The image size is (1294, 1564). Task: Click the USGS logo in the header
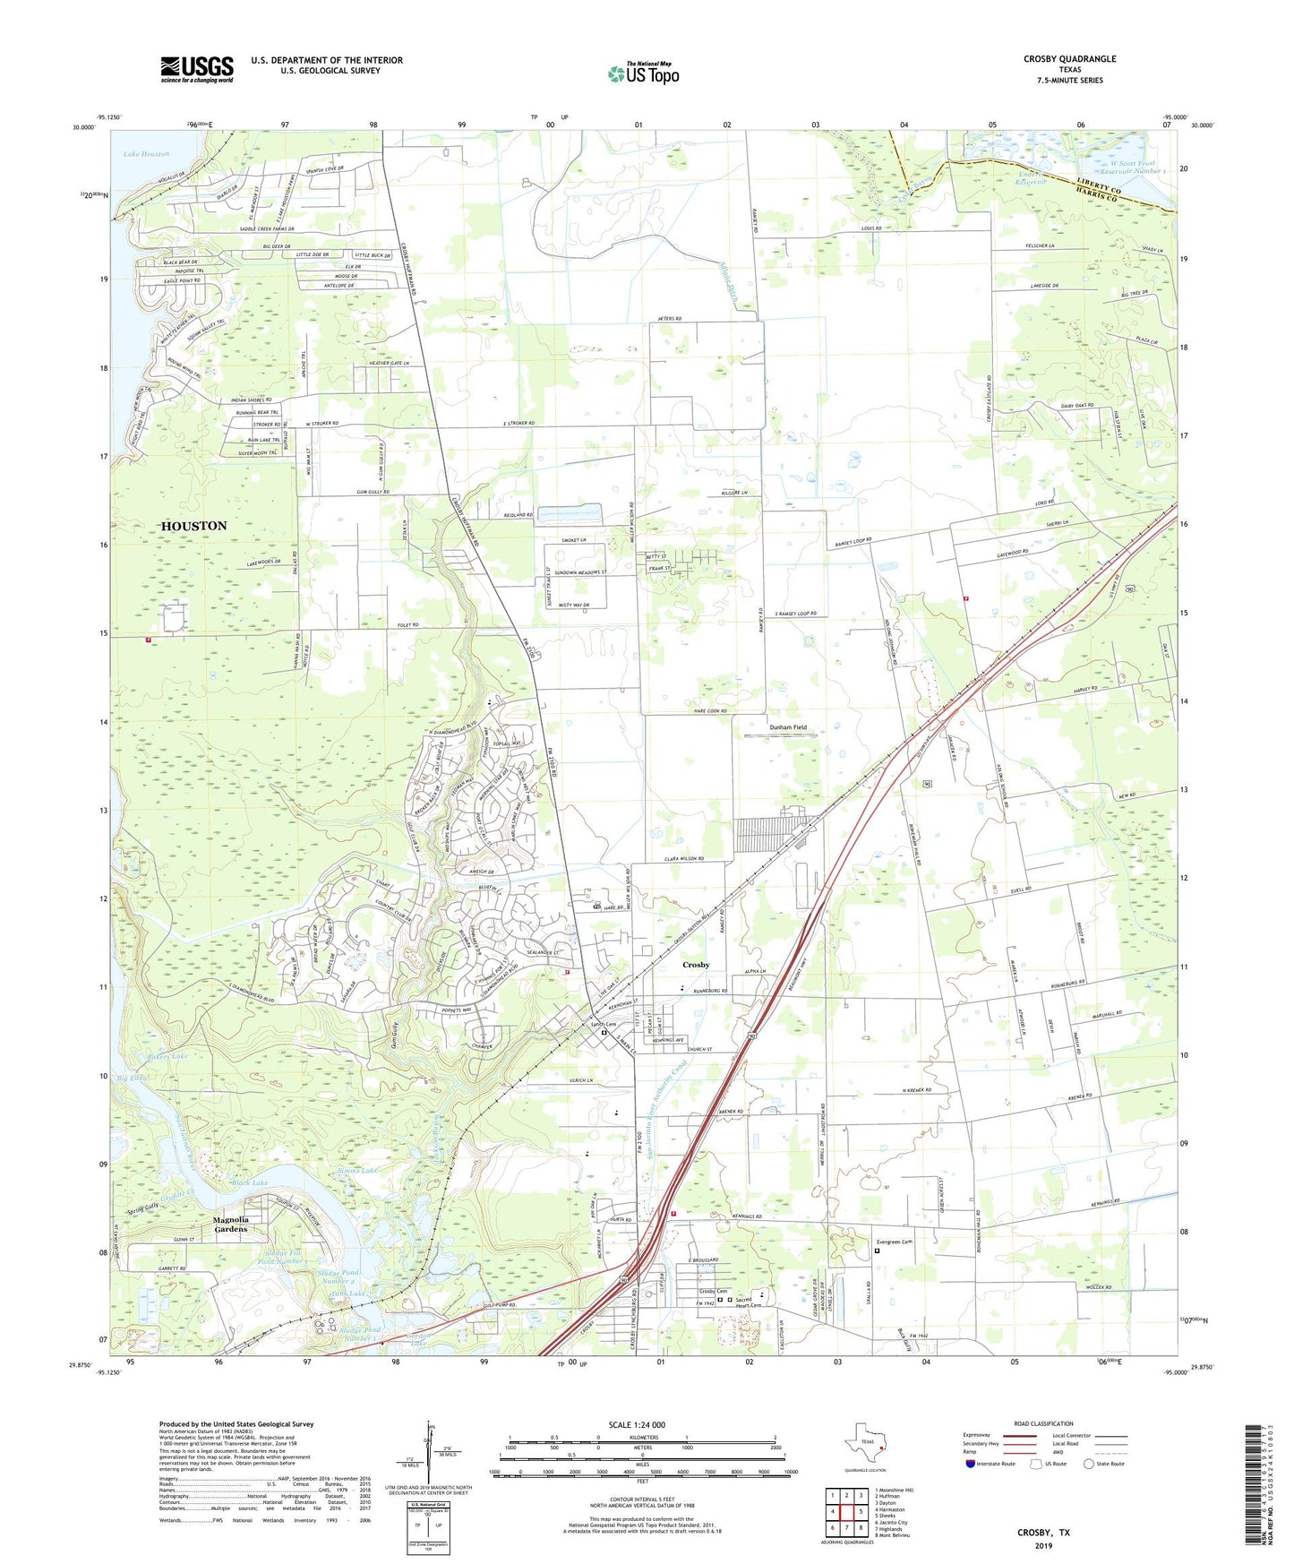(x=197, y=69)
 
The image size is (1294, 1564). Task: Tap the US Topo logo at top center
(x=643, y=73)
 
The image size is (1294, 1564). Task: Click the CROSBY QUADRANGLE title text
(x=1069, y=59)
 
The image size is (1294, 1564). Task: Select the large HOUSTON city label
(x=193, y=526)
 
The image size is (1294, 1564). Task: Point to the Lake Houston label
(x=146, y=154)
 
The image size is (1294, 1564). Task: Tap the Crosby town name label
(x=696, y=965)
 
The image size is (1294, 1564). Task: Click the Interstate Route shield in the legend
(x=971, y=1464)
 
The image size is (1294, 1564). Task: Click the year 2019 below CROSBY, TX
(x=1043, y=1545)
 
